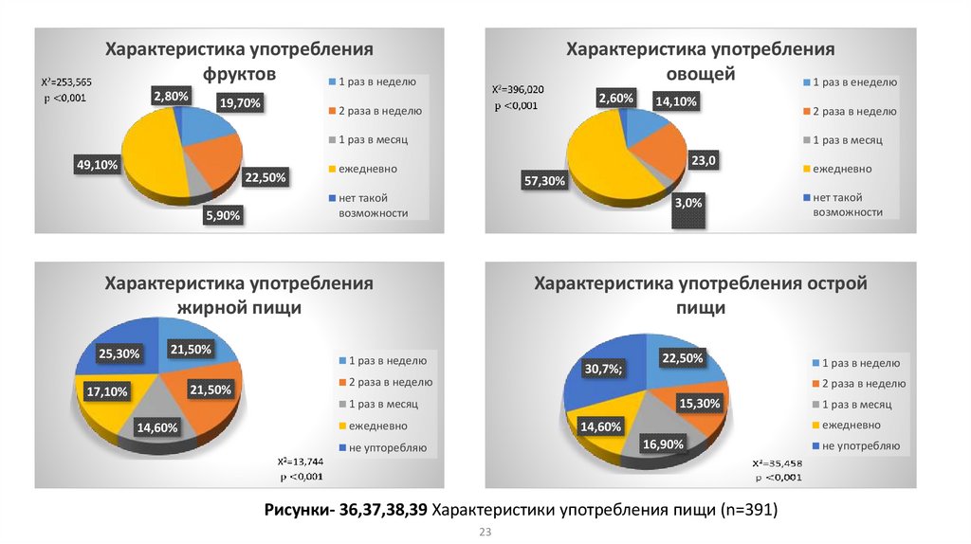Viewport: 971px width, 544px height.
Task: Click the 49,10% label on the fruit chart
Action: (97, 165)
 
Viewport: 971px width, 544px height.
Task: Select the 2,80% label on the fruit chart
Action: (171, 96)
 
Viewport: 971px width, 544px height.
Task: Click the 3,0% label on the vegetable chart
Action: (688, 203)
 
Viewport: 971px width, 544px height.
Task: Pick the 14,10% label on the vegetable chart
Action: (675, 102)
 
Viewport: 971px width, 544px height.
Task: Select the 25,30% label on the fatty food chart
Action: (119, 354)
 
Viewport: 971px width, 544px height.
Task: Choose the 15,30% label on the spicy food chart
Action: (700, 403)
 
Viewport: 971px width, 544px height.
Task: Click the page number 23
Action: (485, 533)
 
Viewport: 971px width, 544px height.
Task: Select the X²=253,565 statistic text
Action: (65, 82)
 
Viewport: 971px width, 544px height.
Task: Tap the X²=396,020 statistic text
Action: (517, 90)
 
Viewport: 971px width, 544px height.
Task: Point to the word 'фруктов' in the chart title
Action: (239, 73)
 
